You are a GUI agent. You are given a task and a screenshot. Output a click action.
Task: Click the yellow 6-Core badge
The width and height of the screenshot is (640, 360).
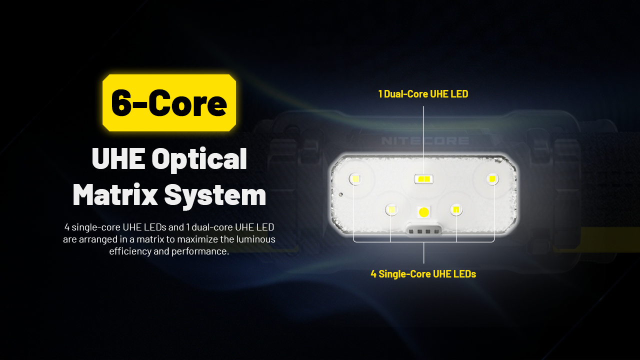pyautogui.click(x=169, y=103)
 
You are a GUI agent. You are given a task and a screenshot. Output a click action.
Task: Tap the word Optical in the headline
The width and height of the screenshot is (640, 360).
pyautogui.click(x=199, y=160)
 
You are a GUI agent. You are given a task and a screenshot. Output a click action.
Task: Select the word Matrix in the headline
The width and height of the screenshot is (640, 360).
pyautogui.click(x=115, y=194)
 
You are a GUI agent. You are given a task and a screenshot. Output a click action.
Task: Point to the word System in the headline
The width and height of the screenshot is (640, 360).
pyautogui.click(x=215, y=196)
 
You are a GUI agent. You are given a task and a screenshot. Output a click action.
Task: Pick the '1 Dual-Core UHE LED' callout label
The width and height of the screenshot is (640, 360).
pyautogui.click(x=423, y=94)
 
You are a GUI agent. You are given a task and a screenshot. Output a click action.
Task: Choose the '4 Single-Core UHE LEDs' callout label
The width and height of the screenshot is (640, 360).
pyautogui.click(x=423, y=274)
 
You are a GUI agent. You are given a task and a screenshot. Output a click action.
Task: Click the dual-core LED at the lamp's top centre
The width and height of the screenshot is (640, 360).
pyautogui.click(x=423, y=179)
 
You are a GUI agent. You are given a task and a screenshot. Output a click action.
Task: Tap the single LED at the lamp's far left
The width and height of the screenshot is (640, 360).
pyautogui.click(x=355, y=179)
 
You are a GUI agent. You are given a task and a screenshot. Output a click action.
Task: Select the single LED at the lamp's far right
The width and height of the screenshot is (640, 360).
pyautogui.click(x=492, y=179)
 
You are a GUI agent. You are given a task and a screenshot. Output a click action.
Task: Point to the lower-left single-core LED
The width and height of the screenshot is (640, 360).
pyautogui.click(x=391, y=210)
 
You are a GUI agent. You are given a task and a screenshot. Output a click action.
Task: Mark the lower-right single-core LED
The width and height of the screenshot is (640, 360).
pyautogui.click(x=456, y=210)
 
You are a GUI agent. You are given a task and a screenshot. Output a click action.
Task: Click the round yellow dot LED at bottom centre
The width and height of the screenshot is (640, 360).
pyautogui.click(x=423, y=212)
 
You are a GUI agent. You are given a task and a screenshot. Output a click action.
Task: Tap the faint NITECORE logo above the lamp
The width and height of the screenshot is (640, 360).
pyautogui.click(x=425, y=140)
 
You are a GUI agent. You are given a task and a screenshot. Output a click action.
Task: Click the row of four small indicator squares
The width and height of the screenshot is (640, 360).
pyautogui.click(x=423, y=231)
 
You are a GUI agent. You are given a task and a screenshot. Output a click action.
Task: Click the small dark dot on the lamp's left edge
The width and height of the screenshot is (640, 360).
pyautogui.click(x=340, y=194)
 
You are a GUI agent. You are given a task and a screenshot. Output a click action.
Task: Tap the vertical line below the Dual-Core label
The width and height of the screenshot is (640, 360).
pyautogui.click(x=423, y=140)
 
